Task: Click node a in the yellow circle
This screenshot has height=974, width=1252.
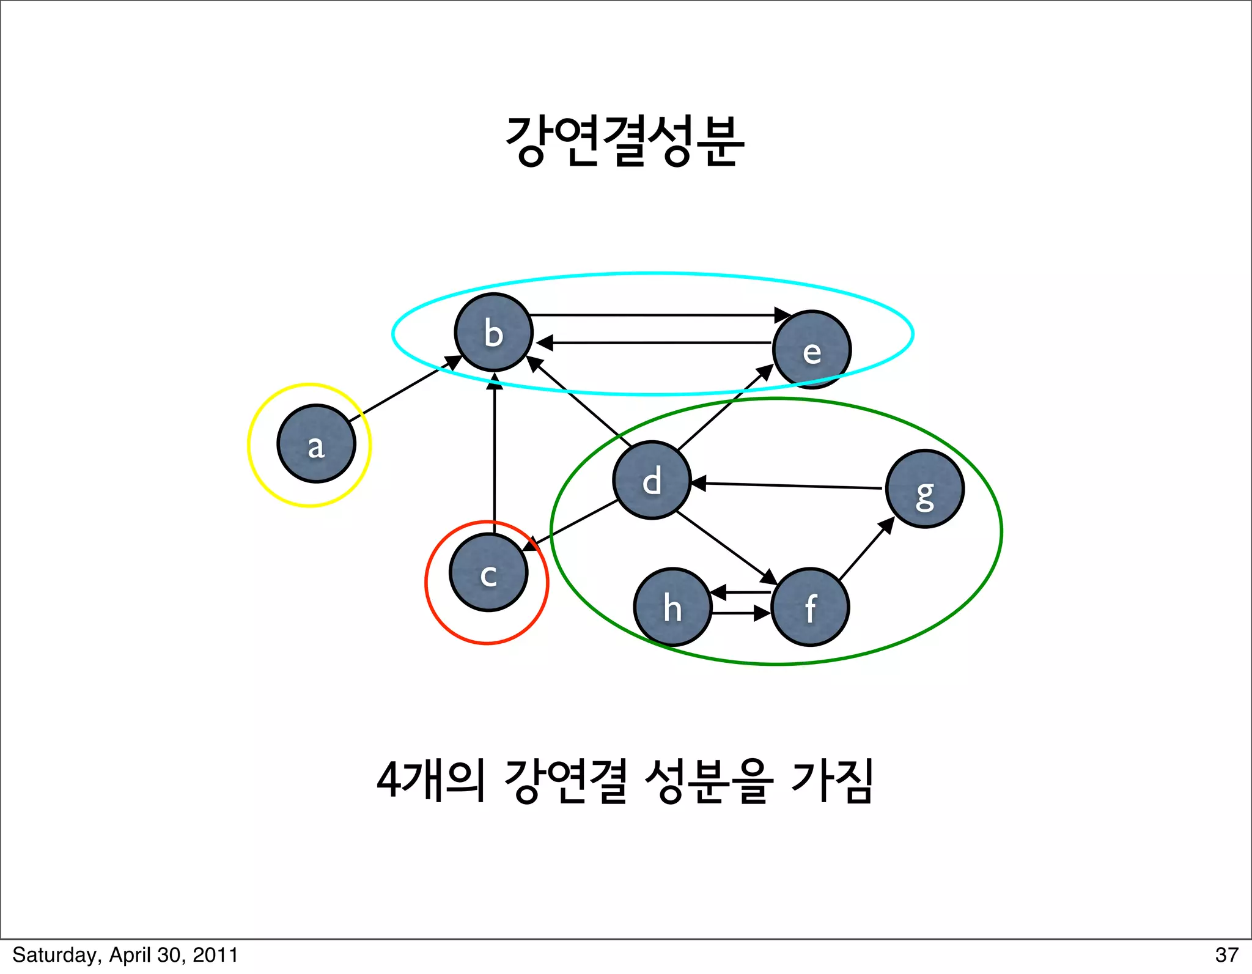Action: click(316, 444)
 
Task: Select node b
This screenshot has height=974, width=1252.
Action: click(494, 333)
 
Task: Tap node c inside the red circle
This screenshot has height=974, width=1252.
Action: click(488, 572)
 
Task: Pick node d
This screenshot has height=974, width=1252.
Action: click(652, 480)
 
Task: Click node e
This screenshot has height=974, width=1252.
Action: click(812, 350)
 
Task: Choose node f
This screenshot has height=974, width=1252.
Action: click(811, 607)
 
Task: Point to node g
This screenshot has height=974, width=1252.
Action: click(925, 489)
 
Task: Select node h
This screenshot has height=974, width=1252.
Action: click(673, 607)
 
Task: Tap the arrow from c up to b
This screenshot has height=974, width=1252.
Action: click(495, 452)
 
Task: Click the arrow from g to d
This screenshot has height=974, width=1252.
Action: click(789, 486)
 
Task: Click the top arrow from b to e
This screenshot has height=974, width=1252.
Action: click(654, 315)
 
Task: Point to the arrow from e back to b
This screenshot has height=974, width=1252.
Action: click(654, 343)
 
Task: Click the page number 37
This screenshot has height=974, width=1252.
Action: click(1226, 955)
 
